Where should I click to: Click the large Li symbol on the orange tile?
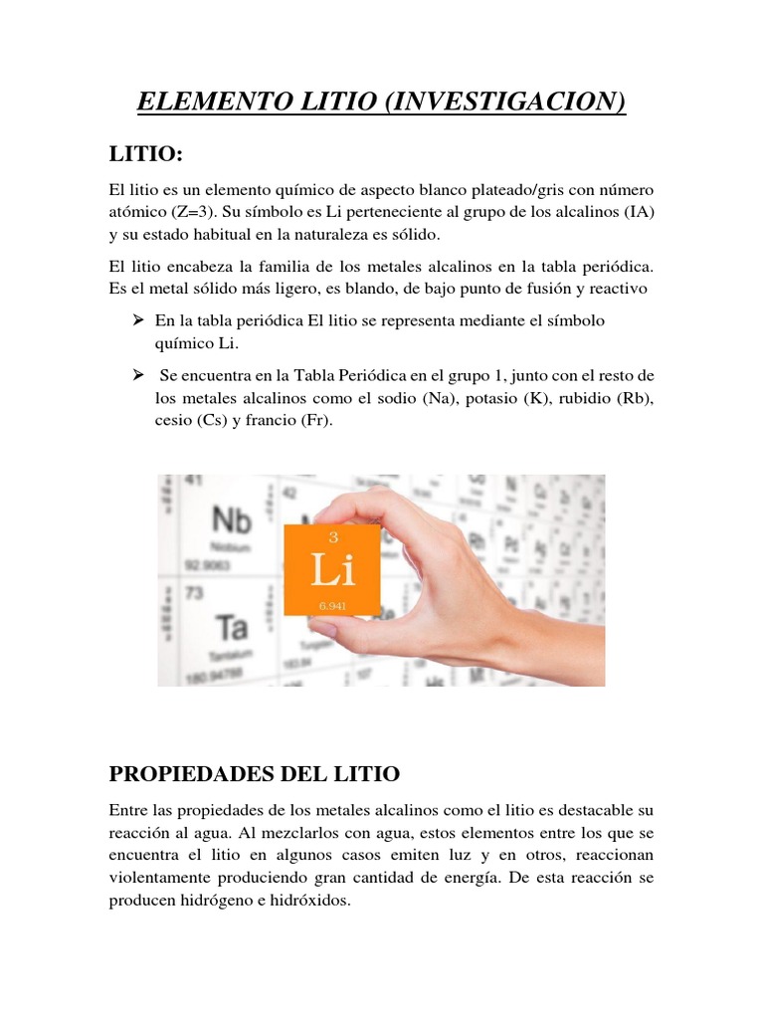coord(332,571)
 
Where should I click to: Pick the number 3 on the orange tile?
coord(332,537)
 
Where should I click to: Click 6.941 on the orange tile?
coord(333,604)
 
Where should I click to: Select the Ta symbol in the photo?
coord(232,627)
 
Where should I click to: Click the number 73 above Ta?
coord(193,594)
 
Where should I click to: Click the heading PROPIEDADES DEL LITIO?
coord(254,773)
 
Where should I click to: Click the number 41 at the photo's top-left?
coord(191,481)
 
